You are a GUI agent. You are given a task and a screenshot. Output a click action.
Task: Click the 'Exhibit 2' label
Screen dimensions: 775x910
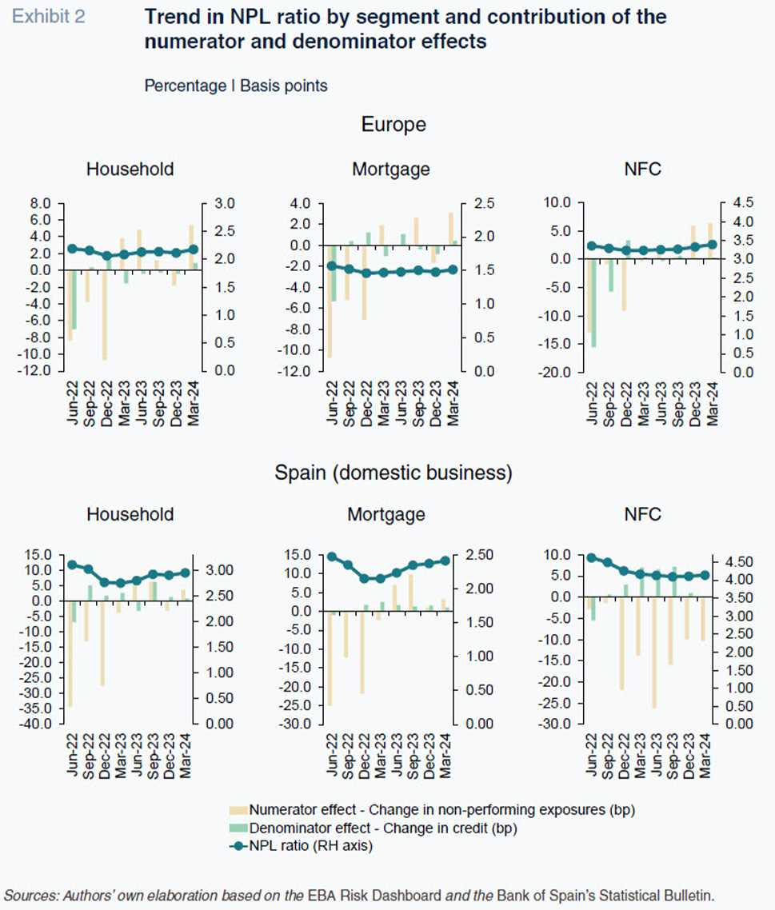coord(48,16)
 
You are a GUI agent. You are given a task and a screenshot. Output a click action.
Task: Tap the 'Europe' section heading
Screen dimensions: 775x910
coord(393,124)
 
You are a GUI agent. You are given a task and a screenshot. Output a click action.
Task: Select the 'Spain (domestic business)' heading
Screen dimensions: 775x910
coord(393,473)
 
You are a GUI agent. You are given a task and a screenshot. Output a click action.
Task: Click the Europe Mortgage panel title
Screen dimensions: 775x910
coord(390,169)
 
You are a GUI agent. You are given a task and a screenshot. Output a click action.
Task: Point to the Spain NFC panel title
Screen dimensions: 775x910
coord(643,514)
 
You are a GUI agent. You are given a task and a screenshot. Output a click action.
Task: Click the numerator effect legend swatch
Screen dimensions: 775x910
coord(238,810)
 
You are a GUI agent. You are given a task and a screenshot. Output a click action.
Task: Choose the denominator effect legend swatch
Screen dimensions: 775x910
coord(238,828)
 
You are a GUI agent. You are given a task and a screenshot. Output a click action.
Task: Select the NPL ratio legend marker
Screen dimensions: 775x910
coord(238,846)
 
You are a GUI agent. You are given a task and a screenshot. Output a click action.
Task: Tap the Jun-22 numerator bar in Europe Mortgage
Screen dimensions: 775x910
coord(330,301)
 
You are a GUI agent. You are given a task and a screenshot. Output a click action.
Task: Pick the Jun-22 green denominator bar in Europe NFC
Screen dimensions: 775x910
coord(593,303)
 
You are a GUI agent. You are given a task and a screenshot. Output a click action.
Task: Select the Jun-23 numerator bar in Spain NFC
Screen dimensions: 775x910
coord(654,653)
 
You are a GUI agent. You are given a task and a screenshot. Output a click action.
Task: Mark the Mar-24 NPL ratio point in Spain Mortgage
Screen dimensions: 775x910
coord(445,561)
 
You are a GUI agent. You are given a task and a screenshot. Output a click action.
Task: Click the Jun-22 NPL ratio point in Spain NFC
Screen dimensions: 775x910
coord(592,557)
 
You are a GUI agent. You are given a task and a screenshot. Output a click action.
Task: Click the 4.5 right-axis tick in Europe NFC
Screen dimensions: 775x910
coord(743,202)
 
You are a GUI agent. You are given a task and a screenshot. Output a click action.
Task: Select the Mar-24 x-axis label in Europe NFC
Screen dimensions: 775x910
coord(713,404)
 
